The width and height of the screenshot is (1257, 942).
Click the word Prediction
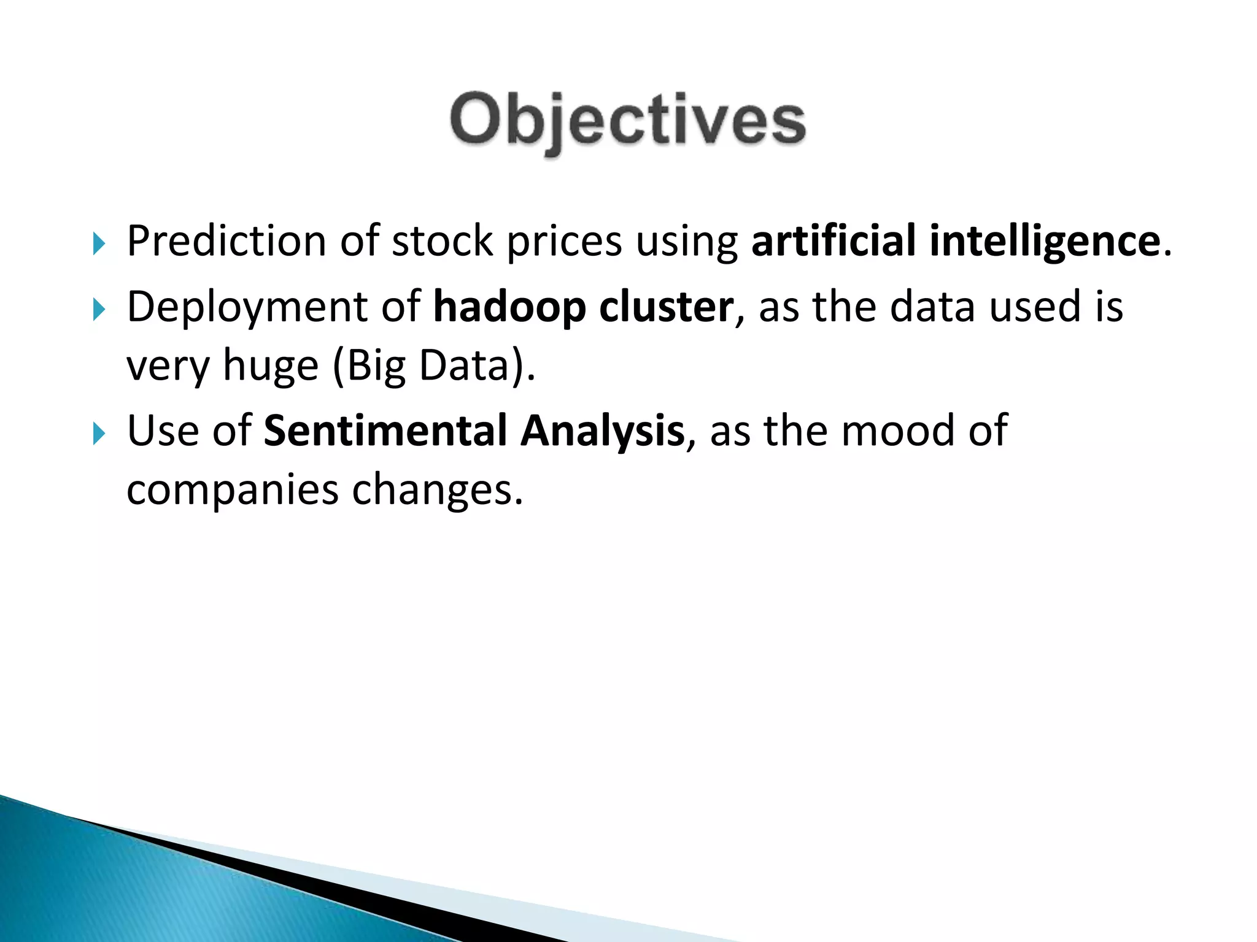[x=226, y=241]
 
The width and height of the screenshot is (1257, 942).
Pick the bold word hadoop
[x=509, y=307]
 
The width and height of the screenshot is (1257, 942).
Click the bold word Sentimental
[x=385, y=431]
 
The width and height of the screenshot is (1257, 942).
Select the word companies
[x=232, y=491]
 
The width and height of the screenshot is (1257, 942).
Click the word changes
[x=438, y=491]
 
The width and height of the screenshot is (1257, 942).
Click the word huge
[x=270, y=366]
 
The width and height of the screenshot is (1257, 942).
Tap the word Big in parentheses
[x=369, y=366]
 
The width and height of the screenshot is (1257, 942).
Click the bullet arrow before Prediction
[x=99, y=244]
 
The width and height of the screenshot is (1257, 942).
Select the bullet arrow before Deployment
[x=99, y=310]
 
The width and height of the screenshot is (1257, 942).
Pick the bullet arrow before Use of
[x=99, y=434]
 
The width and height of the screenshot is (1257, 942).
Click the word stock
[x=442, y=241]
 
